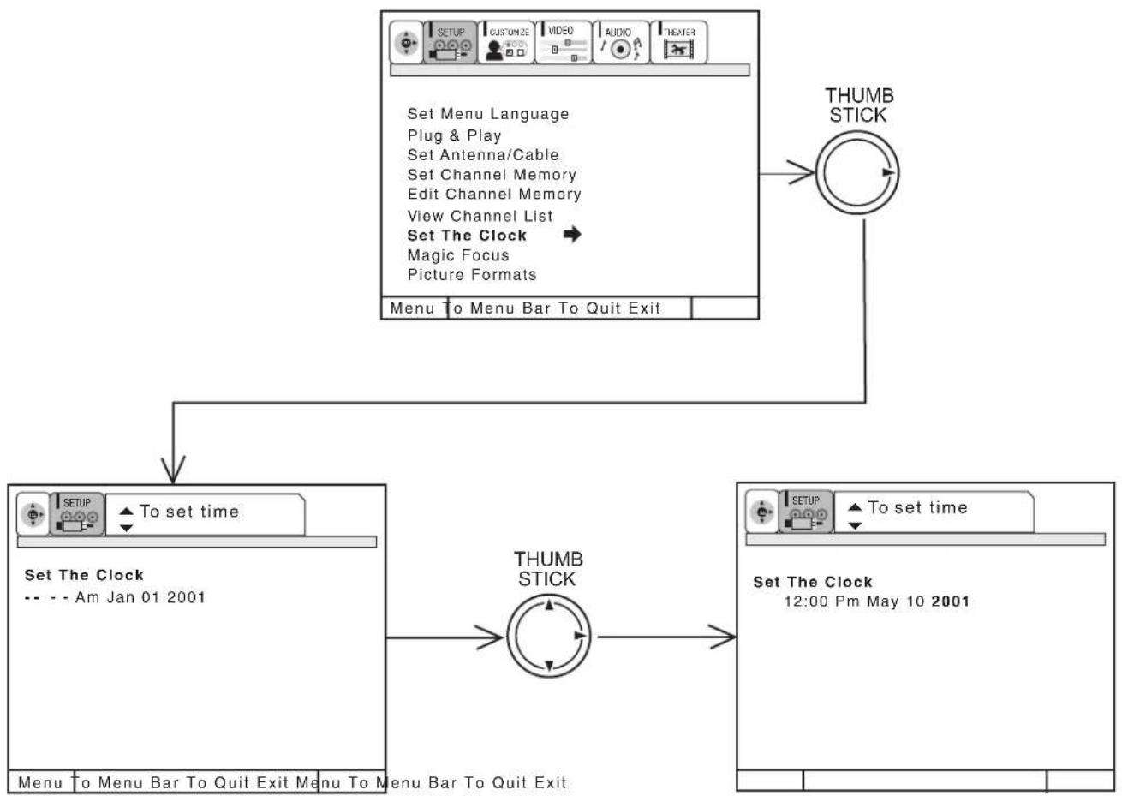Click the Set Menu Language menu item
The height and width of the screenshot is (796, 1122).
(488, 114)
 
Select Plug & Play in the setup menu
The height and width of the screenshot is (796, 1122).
(454, 135)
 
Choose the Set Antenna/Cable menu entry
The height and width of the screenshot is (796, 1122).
(483, 155)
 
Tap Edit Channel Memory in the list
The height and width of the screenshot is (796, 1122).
(494, 194)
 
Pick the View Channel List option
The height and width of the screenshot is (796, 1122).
(480, 216)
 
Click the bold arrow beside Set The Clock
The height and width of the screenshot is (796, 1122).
(572, 234)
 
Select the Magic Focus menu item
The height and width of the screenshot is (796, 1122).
(458, 255)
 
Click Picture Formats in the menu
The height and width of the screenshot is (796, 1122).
(472, 274)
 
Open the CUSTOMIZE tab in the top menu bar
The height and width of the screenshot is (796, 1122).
(506, 42)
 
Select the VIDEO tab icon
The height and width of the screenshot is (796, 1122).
(564, 42)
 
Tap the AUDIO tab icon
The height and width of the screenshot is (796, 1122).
(621, 42)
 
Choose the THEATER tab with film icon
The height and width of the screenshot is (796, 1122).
(678, 42)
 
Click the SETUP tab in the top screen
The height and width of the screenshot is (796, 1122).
(450, 42)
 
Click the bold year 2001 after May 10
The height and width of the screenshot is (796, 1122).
(950, 601)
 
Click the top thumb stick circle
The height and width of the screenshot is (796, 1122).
(857, 173)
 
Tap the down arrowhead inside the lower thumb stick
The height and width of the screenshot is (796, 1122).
(549, 666)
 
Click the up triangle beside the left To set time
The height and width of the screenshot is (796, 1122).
(126, 511)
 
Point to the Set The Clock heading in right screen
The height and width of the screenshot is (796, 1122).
(813, 582)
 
